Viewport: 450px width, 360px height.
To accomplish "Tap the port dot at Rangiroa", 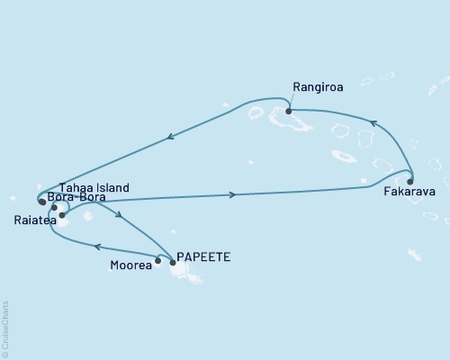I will tap(288, 112).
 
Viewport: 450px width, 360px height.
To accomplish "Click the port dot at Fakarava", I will tap(410, 180).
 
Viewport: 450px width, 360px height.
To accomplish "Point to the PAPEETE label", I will tap(204, 256).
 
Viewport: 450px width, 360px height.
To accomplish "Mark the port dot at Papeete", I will tap(173, 262).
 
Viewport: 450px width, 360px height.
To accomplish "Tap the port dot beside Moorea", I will tap(158, 261).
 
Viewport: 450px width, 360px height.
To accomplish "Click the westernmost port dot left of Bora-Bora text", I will tap(42, 202).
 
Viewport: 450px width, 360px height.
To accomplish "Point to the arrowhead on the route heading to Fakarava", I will tap(234, 194).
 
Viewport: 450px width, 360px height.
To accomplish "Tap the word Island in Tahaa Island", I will tap(112, 187).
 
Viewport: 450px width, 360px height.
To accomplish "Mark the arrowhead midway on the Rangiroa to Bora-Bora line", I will tap(168, 138).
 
